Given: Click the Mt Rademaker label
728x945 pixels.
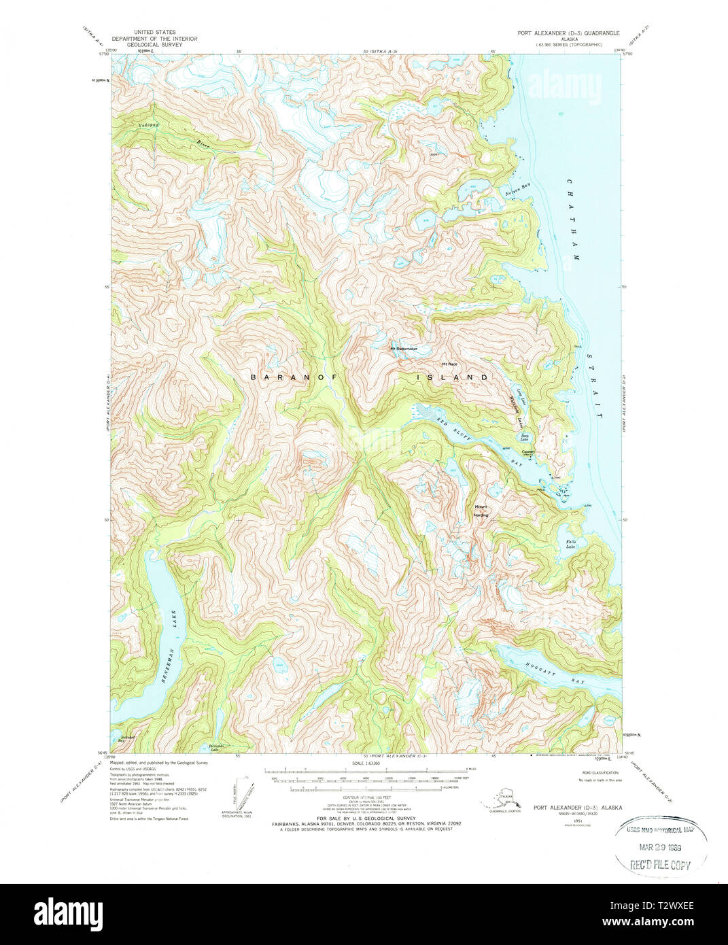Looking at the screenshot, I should [404, 349].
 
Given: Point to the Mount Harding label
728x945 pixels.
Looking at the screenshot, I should [481, 511].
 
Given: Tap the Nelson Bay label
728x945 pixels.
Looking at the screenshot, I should [517, 192].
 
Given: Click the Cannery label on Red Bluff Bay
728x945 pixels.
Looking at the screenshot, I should [529, 451].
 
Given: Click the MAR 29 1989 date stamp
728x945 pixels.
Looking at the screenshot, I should [660, 848].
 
